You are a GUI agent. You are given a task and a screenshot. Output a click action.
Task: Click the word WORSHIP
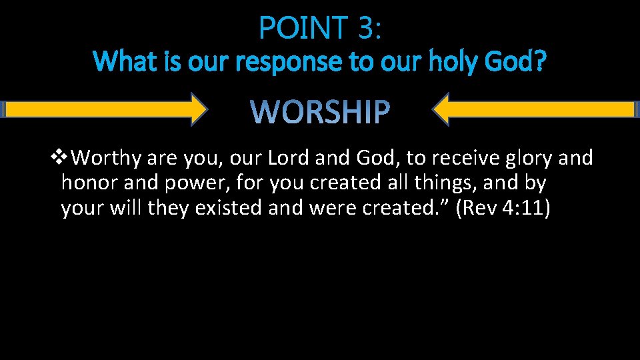coord(321,112)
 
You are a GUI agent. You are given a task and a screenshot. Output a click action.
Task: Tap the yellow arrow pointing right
coord(107,109)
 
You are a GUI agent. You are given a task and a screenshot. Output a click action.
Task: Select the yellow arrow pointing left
coord(533,109)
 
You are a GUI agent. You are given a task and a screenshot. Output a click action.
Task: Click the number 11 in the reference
coord(533,209)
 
